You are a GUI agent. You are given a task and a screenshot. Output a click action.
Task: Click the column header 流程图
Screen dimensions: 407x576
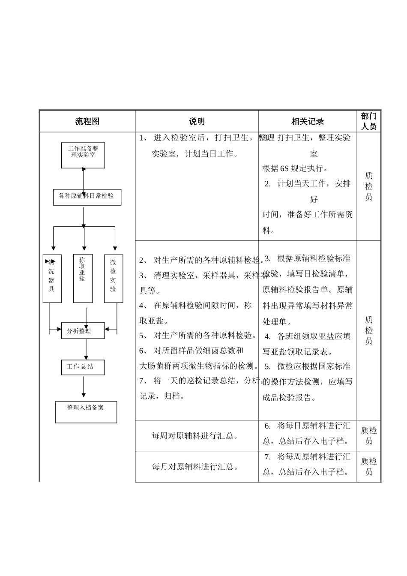[x=87, y=121]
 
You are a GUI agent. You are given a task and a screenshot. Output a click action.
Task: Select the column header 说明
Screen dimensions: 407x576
[x=197, y=121]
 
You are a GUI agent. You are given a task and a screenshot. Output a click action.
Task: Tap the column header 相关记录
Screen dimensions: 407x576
[x=307, y=121]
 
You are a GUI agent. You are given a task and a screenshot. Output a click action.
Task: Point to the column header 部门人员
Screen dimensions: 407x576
[x=368, y=121]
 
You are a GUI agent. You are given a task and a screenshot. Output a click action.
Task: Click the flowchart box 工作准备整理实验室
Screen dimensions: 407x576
[x=83, y=155]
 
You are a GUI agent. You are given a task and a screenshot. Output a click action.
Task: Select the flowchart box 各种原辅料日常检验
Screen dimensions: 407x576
[x=87, y=197]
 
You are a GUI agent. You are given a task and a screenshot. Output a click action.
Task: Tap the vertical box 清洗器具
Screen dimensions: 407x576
[x=52, y=279]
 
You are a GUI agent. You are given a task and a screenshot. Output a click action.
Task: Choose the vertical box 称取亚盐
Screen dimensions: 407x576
[x=83, y=279]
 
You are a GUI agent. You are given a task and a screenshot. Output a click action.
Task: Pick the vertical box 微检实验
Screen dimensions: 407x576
[x=114, y=279]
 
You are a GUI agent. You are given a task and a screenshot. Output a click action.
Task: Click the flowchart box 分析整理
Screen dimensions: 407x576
[x=83, y=331]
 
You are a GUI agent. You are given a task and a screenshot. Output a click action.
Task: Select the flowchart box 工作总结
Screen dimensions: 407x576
[x=83, y=367]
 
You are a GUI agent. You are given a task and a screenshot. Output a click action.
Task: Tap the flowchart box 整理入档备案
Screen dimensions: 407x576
[x=86, y=412]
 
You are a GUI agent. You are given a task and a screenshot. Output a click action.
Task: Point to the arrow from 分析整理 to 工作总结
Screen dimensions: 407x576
[x=86, y=349]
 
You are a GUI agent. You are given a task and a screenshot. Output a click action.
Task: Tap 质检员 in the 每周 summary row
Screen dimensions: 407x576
[x=368, y=436]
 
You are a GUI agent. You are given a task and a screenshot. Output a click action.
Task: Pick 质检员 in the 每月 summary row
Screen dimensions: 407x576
[x=368, y=467]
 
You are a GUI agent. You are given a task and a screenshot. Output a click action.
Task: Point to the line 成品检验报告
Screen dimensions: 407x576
[x=289, y=397]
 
